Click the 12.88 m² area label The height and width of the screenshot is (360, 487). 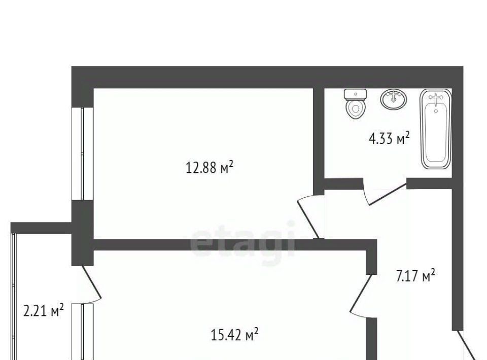pos(210,168)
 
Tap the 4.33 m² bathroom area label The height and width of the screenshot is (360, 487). pos(389,138)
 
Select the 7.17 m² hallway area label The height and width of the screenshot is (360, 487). pos(415,276)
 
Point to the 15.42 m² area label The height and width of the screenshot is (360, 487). pos(234,335)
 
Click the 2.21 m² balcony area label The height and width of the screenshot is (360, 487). pos(44,310)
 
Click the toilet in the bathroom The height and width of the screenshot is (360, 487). pos(355,104)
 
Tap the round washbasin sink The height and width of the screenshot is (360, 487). pos(394,99)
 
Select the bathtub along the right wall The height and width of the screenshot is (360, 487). pos(435,129)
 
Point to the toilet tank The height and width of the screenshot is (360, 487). pos(355,94)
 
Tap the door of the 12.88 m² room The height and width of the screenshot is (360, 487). pos(308,217)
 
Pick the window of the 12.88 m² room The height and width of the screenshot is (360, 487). pos(82,154)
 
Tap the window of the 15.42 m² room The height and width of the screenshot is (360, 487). pos(82,332)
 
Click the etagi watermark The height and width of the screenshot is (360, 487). pos(242,240)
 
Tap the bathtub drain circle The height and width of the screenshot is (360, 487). pos(436,111)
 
